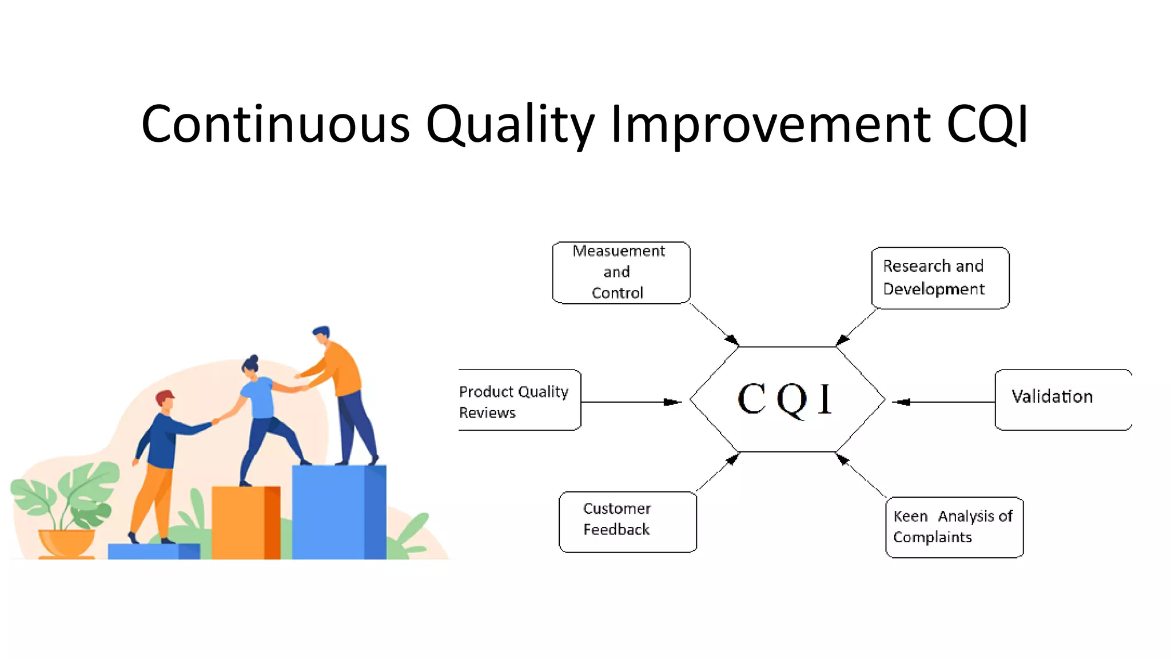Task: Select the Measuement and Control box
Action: [x=621, y=272]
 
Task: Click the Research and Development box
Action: [x=939, y=278]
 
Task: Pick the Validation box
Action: [x=1062, y=399]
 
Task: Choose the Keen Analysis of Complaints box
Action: [x=954, y=527]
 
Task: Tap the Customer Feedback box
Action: [x=627, y=521]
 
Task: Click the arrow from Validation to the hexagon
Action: [x=943, y=402]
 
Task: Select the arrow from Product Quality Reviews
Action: [x=629, y=402]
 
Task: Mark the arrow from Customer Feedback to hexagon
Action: [x=717, y=472]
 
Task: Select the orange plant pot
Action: [x=66, y=543]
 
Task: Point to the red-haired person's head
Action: [x=165, y=400]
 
